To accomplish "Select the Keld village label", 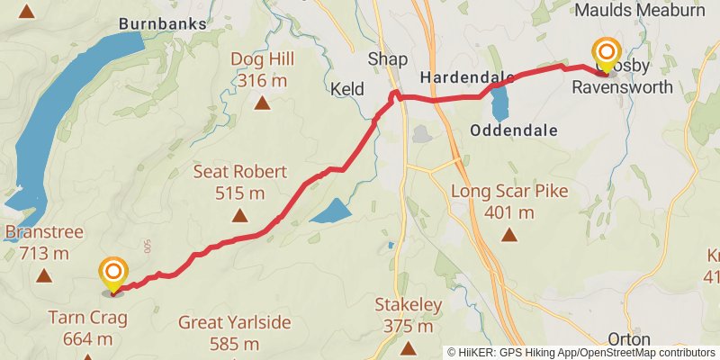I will click(x=347, y=90).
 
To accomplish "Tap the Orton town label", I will click(x=629, y=339).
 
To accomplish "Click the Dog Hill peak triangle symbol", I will click(x=262, y=103).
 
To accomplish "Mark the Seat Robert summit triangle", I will click(x=239, y=214).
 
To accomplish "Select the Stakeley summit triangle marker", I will click(x=409, y=347).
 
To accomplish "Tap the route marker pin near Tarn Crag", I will click(x=113, y=274).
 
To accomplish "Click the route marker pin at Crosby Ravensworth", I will click(x=607, y=54).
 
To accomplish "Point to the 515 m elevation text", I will click(x=239, y=192).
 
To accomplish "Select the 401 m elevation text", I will click(x=509, y=212).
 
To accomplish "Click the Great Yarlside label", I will click(x=234, y=322).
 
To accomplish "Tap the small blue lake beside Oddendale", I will click(x=500, y=103).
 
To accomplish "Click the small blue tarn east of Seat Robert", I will click(x=330, y=212).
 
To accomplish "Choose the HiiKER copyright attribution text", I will click(x=581, y=353).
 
